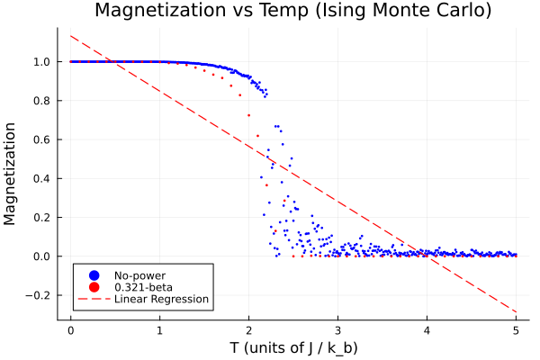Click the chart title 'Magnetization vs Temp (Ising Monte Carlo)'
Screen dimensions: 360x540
coord(292,12)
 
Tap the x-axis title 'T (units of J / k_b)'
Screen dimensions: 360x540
coord(292,346)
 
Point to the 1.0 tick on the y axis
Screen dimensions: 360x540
coord(41,62)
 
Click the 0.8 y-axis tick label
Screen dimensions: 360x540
coord(41,101)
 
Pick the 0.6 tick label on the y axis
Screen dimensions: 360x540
coord(41,139)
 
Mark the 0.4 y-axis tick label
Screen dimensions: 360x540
coord(41,178)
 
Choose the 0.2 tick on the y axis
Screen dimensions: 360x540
coord(41,217)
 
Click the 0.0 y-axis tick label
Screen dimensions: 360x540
coord(41,256)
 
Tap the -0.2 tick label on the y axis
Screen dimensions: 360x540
coord(39,294)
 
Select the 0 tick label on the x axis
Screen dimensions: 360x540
coord(70,329)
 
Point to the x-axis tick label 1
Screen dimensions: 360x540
coord(159,329)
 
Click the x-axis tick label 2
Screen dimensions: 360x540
coord(248,329)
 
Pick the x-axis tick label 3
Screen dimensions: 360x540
coord(337,329)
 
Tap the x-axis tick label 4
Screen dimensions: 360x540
coord(427,329)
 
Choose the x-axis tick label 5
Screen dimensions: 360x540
coord(516,329)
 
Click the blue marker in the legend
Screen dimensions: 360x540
coord(93,274)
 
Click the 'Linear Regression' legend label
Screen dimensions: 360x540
coord(161,299)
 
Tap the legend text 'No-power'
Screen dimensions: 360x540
coord(139,274)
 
